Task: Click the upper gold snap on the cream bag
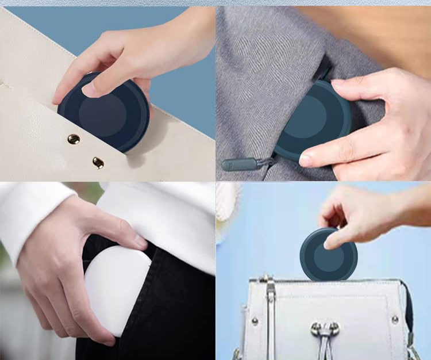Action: pyautogui.click(x=74, y=139)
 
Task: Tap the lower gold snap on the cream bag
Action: pyautogui.click(x=98, y=163)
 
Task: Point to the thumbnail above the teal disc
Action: pyautogui.click(x=339, y=83)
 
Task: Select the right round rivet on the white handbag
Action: pyautogui.click(x=395, y=319)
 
